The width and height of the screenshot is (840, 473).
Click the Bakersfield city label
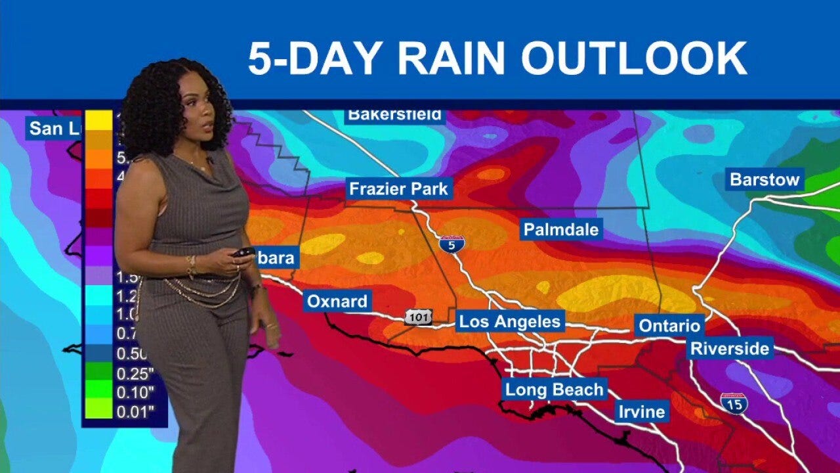tap(395, 115)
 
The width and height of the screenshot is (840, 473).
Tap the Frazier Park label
tap(398, 189)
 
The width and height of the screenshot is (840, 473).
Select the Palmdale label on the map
tap(560, 229)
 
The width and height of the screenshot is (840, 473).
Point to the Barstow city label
tap(765, 179)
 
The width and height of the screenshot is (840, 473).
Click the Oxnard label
tap(337, 302)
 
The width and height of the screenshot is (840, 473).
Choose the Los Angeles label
tap(510, 321)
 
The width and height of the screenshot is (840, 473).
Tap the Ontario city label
tap(669, 325)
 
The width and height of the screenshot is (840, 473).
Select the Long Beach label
tap(554, 389)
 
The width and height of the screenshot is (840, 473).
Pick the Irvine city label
tap(642, 412)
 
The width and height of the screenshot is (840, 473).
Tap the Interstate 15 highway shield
tap(734, 403)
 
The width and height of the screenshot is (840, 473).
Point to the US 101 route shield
tap(418, 317)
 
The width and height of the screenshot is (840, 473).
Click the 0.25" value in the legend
tap(135, 374)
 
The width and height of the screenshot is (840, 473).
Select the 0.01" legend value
tap(135, 412)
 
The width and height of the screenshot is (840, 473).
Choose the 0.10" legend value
tap(135, 393)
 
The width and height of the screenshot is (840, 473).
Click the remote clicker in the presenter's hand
tap(243, 252)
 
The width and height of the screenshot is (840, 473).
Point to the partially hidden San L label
tap(54, 128)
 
